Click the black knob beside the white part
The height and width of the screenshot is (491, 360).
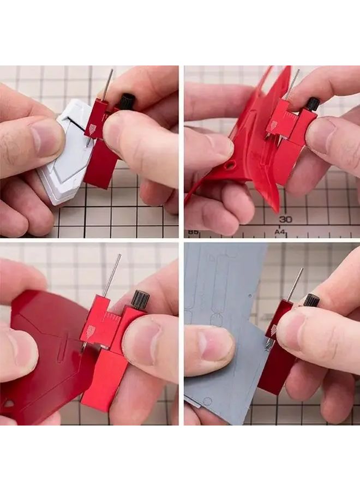(127, 101)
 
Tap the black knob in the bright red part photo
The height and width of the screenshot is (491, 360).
(313, 104)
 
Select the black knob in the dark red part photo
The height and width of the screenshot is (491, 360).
(140, 299)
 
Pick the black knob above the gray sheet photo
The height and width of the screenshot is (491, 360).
(311, 300)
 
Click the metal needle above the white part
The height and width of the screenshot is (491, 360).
(108, 84)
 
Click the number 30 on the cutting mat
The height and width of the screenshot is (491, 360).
(285, 219)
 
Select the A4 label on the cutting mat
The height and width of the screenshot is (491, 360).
(280, 232)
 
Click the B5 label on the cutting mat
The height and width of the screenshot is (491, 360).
(193, 232)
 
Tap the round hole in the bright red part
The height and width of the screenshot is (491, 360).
(231, 164)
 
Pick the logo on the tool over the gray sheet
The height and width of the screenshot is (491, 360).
(273, 330)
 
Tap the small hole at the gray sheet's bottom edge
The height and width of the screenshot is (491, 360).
(207, 402)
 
